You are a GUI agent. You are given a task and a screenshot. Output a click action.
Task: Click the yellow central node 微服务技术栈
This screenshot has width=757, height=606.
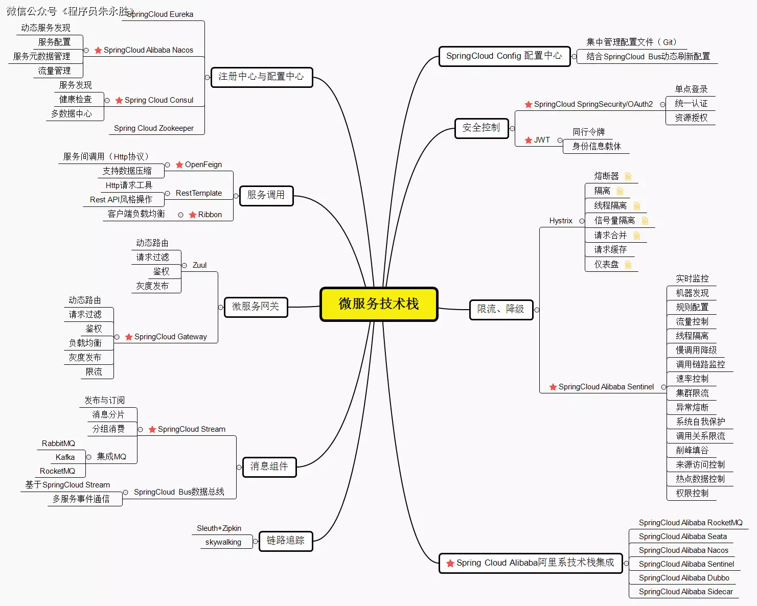(379, 304)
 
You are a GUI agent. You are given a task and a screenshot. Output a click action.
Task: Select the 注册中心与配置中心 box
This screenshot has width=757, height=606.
(261, 77)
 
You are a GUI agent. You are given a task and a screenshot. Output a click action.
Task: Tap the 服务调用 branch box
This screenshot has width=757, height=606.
(266, 195)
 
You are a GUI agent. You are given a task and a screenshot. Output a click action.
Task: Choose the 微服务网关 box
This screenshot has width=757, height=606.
(256, 307)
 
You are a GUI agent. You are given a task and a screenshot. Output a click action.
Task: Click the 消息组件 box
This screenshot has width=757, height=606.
(269, 467)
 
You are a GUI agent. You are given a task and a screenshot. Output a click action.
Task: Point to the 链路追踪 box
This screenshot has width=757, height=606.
(285, 541)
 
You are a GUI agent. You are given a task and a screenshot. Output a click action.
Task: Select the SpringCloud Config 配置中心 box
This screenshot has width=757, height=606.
(504, 56)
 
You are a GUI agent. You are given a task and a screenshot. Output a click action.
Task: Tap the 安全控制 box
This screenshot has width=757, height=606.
(481, 128)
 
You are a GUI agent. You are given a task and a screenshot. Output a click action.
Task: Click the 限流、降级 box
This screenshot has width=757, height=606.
(500, 309)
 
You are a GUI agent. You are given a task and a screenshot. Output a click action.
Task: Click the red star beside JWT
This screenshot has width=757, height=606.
(529, 140)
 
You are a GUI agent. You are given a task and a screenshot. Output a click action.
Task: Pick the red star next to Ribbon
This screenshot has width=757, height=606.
(193, 215)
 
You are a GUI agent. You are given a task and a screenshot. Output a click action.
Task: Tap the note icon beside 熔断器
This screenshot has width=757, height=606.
(628, 176)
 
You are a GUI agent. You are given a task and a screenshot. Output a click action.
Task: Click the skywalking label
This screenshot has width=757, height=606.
(223, 542)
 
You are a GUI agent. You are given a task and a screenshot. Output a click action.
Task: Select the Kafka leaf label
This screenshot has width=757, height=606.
(65, 457)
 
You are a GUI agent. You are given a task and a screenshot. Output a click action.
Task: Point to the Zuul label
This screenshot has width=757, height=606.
(199, 265)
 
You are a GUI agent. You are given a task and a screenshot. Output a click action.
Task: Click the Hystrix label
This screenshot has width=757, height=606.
(561, 221)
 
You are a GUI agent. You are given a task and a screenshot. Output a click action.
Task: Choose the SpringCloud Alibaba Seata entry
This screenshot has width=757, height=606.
(682, 537)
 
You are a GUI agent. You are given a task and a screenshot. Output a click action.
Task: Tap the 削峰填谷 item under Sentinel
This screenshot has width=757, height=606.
(692, 450)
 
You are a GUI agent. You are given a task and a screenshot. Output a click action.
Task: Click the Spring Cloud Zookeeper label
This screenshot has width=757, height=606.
(154, 128)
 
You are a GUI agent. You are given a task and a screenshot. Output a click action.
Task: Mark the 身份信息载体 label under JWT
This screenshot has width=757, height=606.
(597, 146)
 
